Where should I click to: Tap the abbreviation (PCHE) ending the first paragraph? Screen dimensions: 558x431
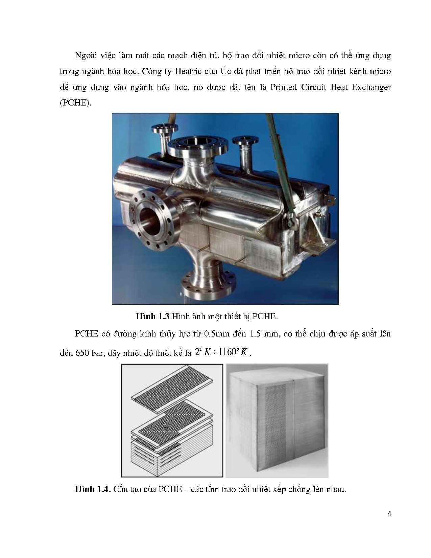coord(75,103)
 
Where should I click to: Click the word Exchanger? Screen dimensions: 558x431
coord(371,87)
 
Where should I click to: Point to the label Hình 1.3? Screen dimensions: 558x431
coord(153,317)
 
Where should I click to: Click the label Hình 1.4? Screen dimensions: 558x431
coord(93,489)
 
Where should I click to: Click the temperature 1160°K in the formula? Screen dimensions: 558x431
coord(234,352)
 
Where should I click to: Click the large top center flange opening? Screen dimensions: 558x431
coord(198,144)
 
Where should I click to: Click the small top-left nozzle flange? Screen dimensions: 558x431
coord(165,129)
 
